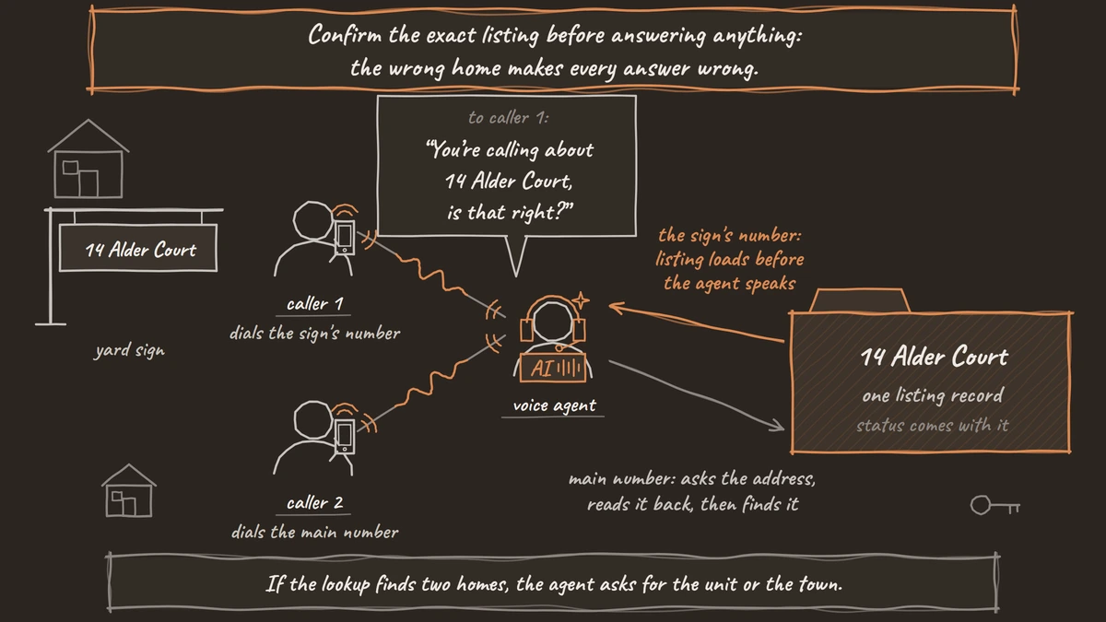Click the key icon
point(994,506)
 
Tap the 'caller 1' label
point(314,303)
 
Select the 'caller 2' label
point(314,502)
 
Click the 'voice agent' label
point(554,405)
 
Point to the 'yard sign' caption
point(130,350)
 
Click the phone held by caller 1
point(345,238)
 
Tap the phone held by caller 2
point(345,437)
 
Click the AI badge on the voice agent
point(553,368)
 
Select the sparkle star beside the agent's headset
point(581,299)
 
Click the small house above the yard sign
point(88,158)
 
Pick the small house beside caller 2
point(129,490)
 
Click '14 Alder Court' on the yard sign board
point(141,250)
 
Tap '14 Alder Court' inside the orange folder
point(934,356)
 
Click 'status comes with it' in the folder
point(932,425)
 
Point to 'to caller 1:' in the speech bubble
point(508,118)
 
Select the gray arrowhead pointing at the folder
point(777,425)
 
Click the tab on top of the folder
point(860,300)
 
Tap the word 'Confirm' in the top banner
point(345,35)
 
